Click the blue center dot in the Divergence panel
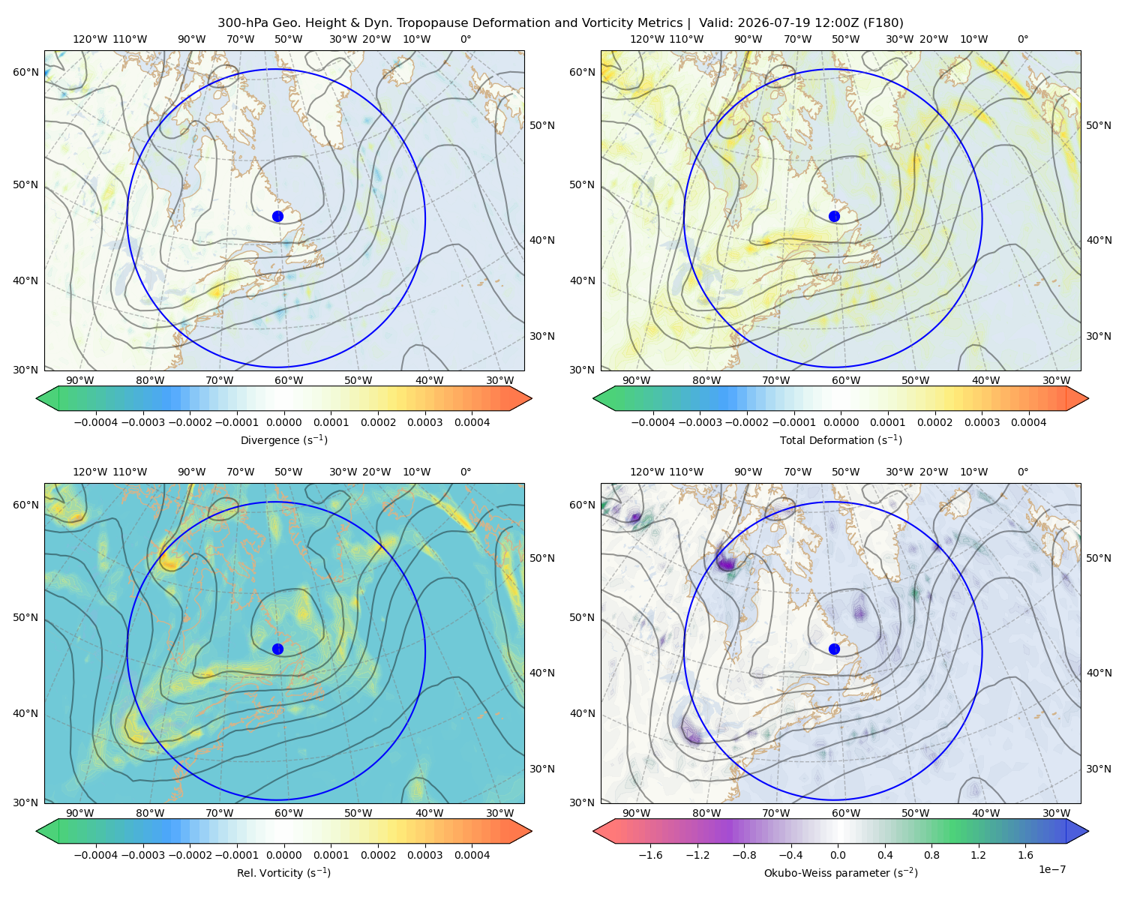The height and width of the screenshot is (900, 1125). click(x=277, y=217)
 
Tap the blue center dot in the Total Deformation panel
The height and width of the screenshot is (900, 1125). click(x=834, y=217)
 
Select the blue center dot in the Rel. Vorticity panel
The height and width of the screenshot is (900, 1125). click(x=277, y=649)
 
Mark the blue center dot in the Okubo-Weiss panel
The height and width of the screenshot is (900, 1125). click(x=834, y=649)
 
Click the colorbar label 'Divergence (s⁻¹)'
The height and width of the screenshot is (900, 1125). click(x=283, y=440)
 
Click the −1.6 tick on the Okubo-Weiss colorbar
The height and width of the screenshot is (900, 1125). click(x=650, y=855)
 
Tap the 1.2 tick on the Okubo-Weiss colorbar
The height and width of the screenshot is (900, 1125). click(x=978, y=855)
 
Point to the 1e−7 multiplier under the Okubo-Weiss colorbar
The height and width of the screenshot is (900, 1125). click(x=1051, y=870)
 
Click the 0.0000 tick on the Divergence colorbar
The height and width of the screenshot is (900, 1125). click(x=283, y=422)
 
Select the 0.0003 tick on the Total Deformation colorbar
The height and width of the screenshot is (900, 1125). click(x=982, y=422)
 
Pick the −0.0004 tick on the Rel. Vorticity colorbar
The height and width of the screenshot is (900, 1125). click(x=96, y=855)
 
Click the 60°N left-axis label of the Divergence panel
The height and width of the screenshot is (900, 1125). click(x=25, y=72)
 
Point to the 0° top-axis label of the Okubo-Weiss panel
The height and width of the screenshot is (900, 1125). click(x=1022, y=472)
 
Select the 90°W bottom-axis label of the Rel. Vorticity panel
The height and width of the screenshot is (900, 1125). click(x=80, y=813)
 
